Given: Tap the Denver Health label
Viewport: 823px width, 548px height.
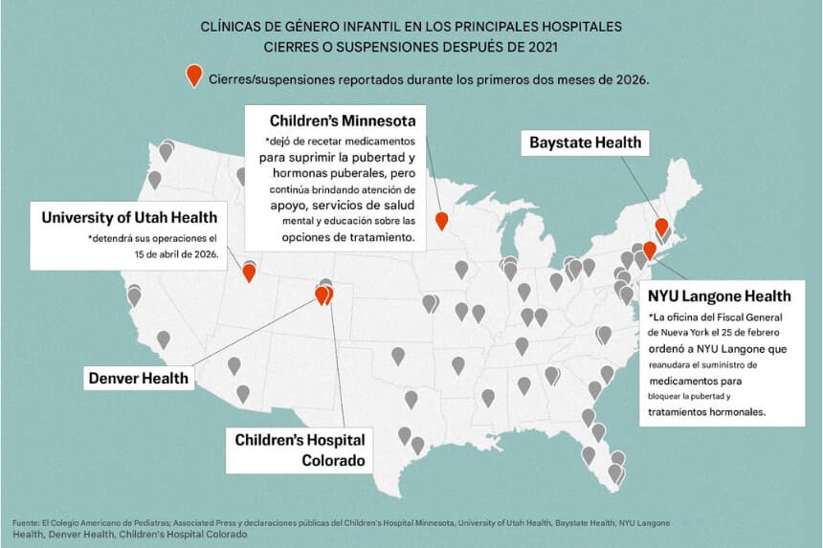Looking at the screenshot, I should click(x=139, y=377).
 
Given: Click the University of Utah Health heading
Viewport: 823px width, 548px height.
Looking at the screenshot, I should click(x=129, y=217).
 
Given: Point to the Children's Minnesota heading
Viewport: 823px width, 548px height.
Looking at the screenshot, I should click(x=342, y=121).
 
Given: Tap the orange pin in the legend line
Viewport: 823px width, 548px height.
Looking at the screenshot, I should click(x=194, y=78).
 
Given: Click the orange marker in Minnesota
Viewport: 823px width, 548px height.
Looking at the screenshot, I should click(x=441, y=220).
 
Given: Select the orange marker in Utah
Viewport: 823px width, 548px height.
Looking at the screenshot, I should click(x=249, y=272).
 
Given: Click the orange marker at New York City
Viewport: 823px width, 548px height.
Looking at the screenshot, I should click(x=649, y=249).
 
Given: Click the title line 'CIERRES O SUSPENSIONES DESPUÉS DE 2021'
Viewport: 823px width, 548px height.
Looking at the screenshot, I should click(x=411, y=45).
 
